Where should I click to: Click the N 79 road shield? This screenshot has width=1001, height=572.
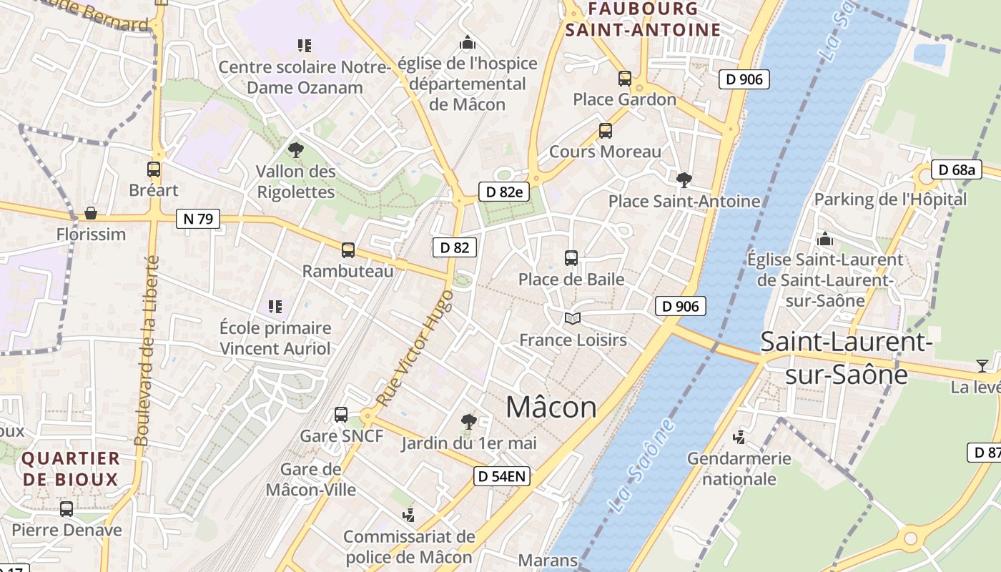(198, 219)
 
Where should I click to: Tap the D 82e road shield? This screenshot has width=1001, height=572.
(503, 192)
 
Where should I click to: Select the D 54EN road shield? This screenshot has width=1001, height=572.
(502, 476)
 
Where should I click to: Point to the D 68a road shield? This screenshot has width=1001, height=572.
(957, 170)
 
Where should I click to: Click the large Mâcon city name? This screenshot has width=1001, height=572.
(551, 408)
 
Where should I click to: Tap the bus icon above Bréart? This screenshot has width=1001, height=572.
(154, 169)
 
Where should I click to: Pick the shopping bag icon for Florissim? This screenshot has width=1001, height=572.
(91, 213)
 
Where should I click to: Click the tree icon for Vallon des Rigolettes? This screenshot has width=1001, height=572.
(295, 150)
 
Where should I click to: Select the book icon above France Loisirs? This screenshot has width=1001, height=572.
(572, 319)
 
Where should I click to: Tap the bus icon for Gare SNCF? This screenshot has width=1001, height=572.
(341, 415)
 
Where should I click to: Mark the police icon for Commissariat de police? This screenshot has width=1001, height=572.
(409, 515)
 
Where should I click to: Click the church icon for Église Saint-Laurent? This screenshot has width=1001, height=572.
(825, 238)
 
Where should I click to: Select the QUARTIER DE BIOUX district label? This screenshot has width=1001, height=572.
(70, 468)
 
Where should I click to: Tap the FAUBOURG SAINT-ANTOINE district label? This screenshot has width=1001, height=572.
(642, 19)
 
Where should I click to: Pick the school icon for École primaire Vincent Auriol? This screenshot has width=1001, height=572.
(275, 307)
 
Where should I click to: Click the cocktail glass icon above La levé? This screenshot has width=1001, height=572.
(982, 366)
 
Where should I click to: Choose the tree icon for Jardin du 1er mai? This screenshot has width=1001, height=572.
(468, 422)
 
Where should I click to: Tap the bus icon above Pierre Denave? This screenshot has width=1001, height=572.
(66, 509)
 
